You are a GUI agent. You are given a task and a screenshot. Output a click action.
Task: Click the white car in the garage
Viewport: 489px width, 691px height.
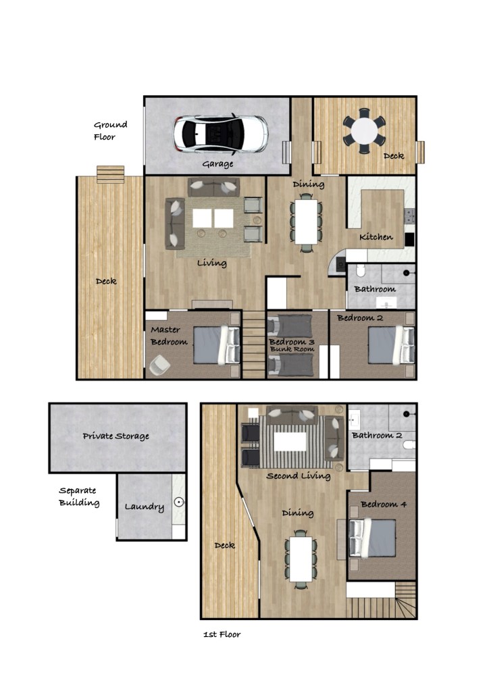point(220,134)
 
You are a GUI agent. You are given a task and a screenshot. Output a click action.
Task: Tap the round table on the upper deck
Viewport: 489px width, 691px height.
point(364,131)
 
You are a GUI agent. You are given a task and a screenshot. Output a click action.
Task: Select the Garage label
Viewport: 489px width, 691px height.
point(217,164)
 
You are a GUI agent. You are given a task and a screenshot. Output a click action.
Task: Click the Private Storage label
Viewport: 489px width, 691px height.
point(116,436)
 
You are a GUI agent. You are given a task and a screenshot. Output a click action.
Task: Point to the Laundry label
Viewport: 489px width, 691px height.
point(144,507)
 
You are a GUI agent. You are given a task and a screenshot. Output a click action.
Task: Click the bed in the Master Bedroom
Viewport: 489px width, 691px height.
point(217,344)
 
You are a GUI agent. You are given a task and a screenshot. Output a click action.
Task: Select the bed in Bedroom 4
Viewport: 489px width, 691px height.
point(372,538)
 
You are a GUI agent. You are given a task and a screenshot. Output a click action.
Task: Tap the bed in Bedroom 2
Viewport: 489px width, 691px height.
point(391,344)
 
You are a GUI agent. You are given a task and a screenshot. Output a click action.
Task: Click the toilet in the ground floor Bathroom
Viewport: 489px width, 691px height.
point(361,270)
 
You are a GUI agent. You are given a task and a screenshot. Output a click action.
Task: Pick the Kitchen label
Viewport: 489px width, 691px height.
point(376,237)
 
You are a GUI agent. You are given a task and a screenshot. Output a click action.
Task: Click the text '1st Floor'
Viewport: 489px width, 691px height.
point(222,634)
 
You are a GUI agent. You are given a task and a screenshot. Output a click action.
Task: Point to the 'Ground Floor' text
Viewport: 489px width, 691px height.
point(110,131)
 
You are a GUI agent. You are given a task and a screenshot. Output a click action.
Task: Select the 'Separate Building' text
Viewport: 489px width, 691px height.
point(79,496)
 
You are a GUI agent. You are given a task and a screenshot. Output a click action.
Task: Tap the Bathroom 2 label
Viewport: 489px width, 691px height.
point(377,436)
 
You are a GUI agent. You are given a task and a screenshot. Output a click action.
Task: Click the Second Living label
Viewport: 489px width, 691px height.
point(299,476)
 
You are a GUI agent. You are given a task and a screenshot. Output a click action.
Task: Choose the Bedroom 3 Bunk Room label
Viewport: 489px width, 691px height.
point(292,345)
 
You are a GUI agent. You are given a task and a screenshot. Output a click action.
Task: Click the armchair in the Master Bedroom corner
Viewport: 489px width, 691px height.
point(159,365)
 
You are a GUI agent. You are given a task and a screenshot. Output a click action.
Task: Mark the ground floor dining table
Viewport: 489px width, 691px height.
point(306,222)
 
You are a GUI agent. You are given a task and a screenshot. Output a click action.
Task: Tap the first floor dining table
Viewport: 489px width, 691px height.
point(301,559)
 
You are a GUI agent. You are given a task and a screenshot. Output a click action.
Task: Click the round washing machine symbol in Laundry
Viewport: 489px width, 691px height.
point(179,502)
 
